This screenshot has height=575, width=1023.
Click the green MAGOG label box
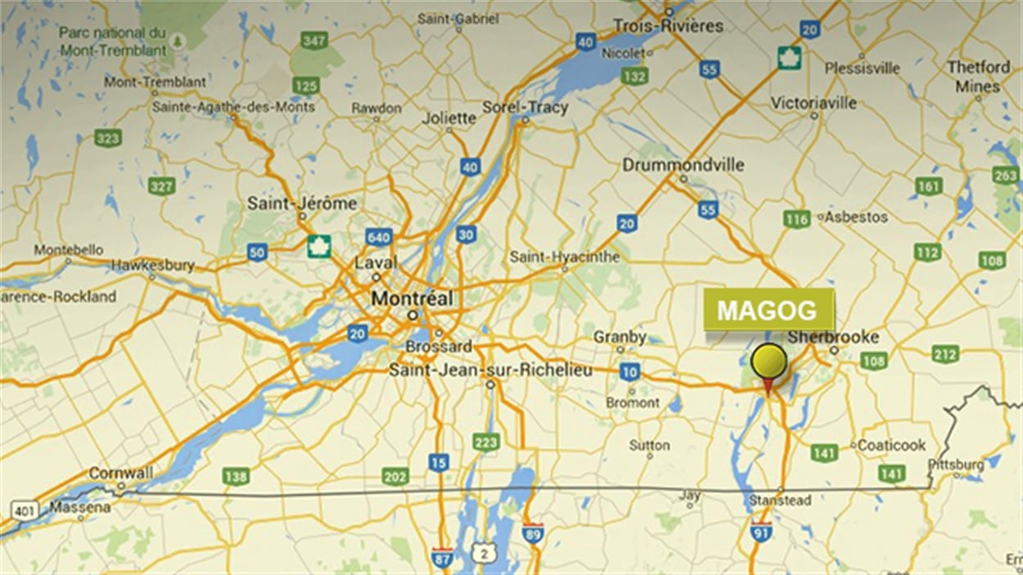(768, 310)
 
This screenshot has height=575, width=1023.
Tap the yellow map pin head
(768, 361)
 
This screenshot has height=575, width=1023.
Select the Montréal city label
(412, 299)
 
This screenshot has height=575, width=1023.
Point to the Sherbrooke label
(833, 337)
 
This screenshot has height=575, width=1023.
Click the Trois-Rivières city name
(669, 25)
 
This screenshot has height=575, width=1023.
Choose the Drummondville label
(683, 165)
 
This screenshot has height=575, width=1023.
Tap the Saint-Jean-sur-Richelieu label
(490, 371)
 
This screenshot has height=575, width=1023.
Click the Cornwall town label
(121, 474)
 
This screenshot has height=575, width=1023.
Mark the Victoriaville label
(814, 103)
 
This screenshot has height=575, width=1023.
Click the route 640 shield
(379, 237)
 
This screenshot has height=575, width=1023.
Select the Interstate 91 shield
(760, 533)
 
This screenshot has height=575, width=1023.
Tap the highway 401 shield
(25, 512)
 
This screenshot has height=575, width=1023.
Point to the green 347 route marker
(314, 40)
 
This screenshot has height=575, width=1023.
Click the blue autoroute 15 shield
(439, 463)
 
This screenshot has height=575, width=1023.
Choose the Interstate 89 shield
(533, 534)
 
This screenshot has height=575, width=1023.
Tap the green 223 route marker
(485, 442)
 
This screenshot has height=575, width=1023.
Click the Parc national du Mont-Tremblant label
(112, 42)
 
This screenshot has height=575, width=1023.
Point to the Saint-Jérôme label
(302, 204)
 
